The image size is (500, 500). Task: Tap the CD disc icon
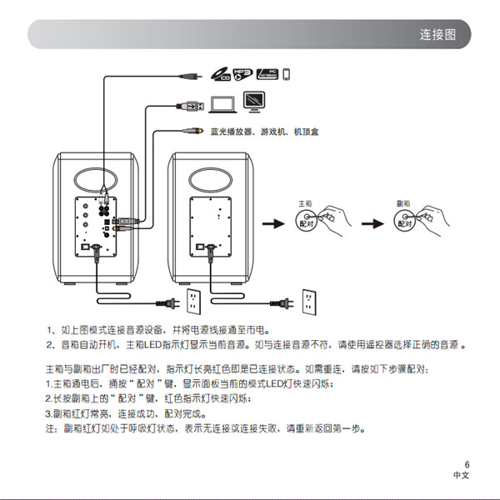(219, 76)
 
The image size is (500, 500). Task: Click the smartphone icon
(286, 75)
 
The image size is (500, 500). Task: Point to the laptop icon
(222, 103)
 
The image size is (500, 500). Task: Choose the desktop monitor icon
(254, 102)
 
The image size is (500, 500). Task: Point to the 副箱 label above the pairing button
(404, 203)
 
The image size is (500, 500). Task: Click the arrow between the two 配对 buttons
(372, 223)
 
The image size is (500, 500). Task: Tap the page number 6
(467, 464)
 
